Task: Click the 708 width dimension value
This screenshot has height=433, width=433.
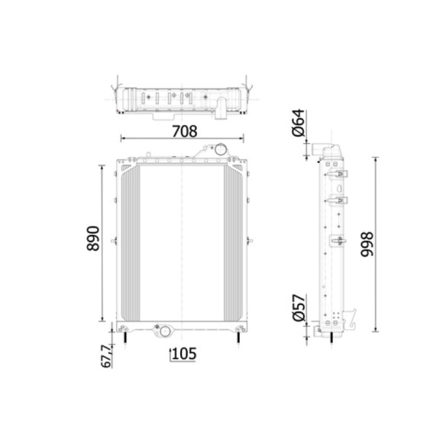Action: (x=185, y=131)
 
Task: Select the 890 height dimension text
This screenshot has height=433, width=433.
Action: (x=93, y=239)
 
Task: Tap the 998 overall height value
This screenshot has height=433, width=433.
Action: (x=368, y=245)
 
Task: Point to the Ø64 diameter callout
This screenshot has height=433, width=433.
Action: (x=299, y=123)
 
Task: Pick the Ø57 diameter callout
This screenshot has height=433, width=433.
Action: (x=299, y=308)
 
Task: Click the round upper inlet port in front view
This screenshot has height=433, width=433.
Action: (x=221, y=149)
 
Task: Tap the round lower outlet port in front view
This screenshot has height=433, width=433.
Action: (x=165, y=331)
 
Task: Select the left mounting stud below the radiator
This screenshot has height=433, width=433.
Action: (x=125, y=337)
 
